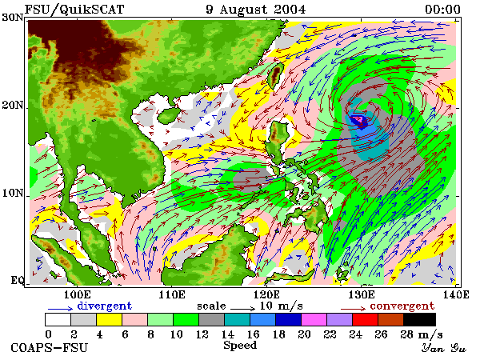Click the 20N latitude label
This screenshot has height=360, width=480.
tap(13, 105)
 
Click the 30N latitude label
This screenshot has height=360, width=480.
tap(13, 17)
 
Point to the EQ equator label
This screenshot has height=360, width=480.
tap(17, 280)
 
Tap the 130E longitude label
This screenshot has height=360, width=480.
tap(362, 294)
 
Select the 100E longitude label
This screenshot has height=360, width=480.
tap(78, 294)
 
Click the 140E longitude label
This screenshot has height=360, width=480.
tap(456, 294)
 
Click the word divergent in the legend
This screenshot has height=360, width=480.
tap(105, 306)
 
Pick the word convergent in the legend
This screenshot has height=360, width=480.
tap(402, 306)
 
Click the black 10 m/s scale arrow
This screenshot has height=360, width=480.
tap(242, 308)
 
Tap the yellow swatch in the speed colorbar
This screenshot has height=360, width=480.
tap(110, 319)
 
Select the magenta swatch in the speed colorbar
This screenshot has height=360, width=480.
tap(314, 319)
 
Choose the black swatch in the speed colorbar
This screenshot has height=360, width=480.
tap(420, 319)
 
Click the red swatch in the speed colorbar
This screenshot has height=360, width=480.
tap(366, 319)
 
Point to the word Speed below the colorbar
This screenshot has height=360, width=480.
tap(240, 346)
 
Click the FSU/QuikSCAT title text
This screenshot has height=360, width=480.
tap(74, 9)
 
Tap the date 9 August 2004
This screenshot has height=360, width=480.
tap(256, 9)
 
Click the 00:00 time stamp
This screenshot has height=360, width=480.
tap(442, 9)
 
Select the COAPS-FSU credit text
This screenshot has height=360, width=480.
tap(50, 348)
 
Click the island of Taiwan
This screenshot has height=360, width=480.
tap(275, 76)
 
